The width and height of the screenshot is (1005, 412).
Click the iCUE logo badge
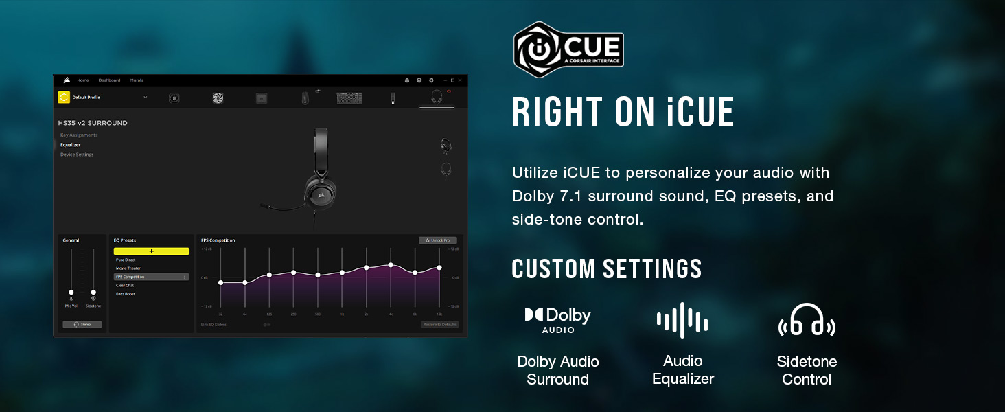tap(568, 49)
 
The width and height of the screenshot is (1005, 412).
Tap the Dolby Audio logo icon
tap(557, 319)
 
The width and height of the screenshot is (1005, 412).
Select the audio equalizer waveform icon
tap(682, 320)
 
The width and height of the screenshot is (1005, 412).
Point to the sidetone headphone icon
tap(807, 321)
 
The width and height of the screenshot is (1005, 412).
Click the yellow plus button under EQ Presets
tap(151, 251)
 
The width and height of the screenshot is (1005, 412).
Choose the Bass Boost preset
tap(126, 294)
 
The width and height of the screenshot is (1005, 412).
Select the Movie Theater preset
tap(128, 268)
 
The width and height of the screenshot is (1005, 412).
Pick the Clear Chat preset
tap(125, 285)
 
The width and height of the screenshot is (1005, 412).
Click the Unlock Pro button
tap(437, 240)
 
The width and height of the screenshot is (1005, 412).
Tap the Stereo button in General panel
tap(82, 324)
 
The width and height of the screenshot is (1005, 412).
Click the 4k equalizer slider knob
tap(391, 264)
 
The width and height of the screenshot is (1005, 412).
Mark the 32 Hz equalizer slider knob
tap(220, 282)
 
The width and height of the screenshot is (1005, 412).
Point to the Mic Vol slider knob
tap(71, 292)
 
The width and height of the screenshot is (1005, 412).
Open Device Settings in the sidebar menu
tap(77, 154)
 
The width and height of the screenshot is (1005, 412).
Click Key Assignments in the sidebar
tap(79, 135)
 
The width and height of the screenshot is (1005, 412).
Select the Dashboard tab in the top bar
tap(109, 80)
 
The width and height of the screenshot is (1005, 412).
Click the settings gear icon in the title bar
tap(431, 80)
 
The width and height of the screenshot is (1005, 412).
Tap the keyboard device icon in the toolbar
tap(349, 98)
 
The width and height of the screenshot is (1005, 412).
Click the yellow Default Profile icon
tap(64, 98)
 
